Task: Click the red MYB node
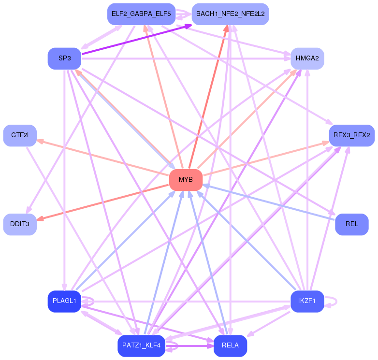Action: tap(186, 180)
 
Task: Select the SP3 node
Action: tap(64, 58)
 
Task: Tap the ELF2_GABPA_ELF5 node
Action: tap(141, 14)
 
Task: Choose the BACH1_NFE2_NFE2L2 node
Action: tap(230, 14)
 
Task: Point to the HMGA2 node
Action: tap(307, 58)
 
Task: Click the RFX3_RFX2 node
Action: tap(352, 135)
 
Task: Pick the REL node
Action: tap(352, 224)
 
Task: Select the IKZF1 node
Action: tap(307, 301)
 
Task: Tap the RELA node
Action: tap(230, 346)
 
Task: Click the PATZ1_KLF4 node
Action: tap(141, 346)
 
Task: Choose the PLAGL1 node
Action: tap(64, 301)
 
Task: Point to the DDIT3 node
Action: tap(20, 224)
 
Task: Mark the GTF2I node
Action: tap(20, 135)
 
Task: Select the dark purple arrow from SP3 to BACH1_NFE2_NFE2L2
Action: tap(137, 39)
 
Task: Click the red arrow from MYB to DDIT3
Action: tap(103, 202)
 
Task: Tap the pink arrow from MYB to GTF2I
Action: tap(103, 158)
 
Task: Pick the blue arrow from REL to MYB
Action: tap(269, 202)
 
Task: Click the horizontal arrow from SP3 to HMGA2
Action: tap(186, 58)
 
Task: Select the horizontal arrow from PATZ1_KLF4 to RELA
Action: tap(189, 346)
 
